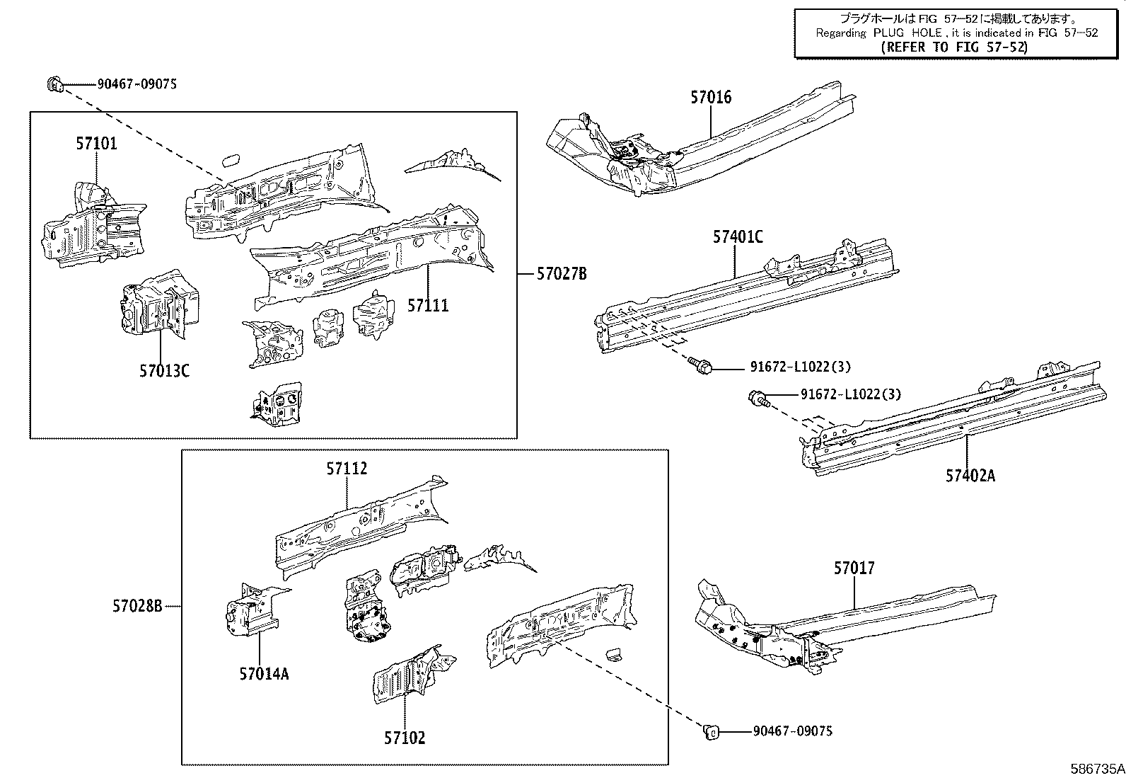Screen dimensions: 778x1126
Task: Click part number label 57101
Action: click(x=97, y=144)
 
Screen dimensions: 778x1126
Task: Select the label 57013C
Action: click(x=164, y=370)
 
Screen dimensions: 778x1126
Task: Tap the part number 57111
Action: click(x=428, y=306)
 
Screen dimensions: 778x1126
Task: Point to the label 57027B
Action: click(x=562, y=274)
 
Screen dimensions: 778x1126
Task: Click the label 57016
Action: click(x=711, y=98)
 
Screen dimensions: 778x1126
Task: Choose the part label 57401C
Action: click(x=738, y=238)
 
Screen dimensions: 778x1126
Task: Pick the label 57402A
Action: click(x=970, y=476)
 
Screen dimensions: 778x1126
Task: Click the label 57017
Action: click(x=854, y=568)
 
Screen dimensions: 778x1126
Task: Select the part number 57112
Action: click(x=347, y=469)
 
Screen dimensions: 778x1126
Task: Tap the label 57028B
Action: click(x=137, y=606)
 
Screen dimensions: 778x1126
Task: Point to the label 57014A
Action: click(x=264, y=674)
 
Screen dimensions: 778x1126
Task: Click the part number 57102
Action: click(x=405, y=738)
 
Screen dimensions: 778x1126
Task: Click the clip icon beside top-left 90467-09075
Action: click(x=55, y=85)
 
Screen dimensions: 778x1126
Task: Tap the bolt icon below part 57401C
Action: click(x=701, y=366)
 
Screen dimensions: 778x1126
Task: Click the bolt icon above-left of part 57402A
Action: click(x=756, y=397)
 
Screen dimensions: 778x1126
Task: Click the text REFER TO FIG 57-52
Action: click(x=954, y=47)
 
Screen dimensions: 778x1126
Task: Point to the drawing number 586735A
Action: click(x=1096, y=769)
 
